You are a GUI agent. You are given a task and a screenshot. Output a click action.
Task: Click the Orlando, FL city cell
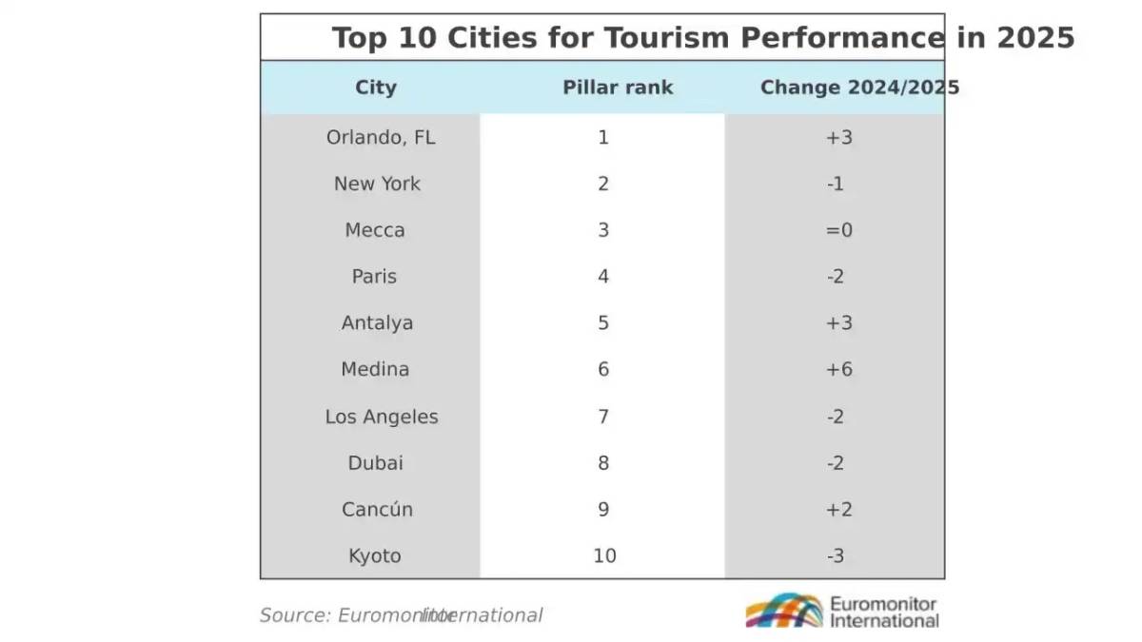[380, 138]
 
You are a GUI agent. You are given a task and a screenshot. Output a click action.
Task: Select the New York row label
[377, 184]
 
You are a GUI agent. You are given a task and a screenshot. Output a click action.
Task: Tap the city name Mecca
[375, 230]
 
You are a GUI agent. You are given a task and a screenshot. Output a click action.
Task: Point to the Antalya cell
[377, 323]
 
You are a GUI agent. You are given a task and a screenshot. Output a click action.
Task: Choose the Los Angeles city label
[382, 417]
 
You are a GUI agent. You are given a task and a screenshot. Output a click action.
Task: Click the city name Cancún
[377, 510]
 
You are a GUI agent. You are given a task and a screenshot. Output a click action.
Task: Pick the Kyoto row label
[375, 556]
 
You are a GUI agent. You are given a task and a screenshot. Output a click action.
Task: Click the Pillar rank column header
[618, 88]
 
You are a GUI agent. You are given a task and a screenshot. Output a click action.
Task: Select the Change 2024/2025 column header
[859, 88]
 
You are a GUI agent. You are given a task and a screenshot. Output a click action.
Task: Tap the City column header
[376, 88]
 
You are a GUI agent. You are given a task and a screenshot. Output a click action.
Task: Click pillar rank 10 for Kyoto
[604, 556]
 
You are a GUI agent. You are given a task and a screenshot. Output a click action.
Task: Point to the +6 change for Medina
[838, 370]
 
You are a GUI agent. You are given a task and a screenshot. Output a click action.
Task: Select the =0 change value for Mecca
[838, 230]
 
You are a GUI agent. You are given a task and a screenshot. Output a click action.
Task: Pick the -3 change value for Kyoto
[836, 556]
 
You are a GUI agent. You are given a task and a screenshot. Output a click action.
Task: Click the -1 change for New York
[836, 184]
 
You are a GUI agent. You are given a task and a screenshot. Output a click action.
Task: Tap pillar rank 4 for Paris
[603, 277]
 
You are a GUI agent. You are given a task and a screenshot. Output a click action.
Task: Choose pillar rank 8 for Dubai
[603, 463]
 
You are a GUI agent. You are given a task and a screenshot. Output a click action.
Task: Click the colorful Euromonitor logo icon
[783, 611]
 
